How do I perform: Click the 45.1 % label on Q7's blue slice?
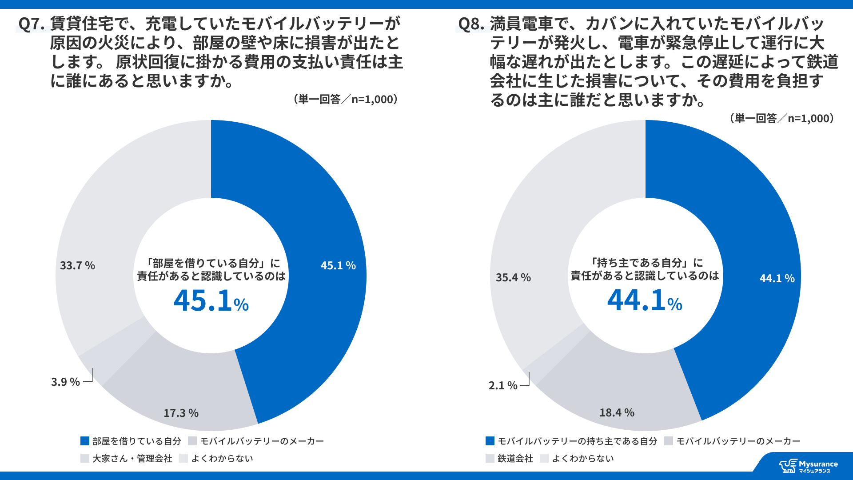coord(338,266)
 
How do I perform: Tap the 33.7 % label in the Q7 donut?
coord(77,266)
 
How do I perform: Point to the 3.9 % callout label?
coord(65,382)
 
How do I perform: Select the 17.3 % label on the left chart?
coord(181,413)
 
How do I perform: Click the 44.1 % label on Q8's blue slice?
coord(777,279)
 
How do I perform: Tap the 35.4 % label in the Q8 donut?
coord(513,278)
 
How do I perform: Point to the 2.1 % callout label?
coord(503,386)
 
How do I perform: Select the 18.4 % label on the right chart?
coord(617,413)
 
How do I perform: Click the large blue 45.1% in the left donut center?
coord(211,301)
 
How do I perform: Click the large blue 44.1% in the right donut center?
coord(645,301)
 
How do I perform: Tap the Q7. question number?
coord(31,24)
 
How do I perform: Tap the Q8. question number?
coord(471,24)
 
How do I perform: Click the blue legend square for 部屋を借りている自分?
coord(85,441)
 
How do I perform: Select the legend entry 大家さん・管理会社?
coord(132,459)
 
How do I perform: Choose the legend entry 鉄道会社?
coord(515,459)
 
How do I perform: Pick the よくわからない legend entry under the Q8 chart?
coord(582,459)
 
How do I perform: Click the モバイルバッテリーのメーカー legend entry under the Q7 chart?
coord(262,441)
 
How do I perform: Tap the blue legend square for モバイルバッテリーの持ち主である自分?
coord(490,441)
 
